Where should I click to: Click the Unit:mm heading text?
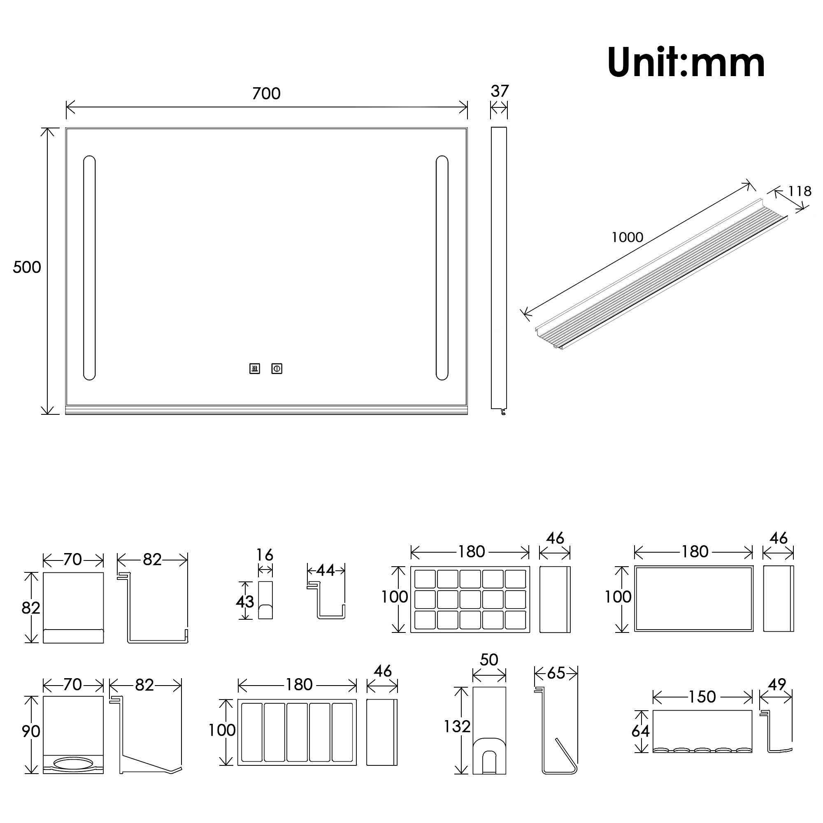pyautogui.click(x=686, y=63)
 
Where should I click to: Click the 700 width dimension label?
pyautogui.click(x=266, y=94)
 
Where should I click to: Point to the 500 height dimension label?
pyautogui.click(x=27, y=267)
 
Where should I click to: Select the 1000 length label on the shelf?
pyautogui.click(x=627, y=237)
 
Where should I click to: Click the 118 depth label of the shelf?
pyautogui.click(x=800, y=191)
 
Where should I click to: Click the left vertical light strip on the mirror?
pyautogui.click(x=89, y=267)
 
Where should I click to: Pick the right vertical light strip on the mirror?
pyautogui.click(x=442, y=267)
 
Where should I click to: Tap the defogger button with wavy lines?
pyautogui.click(x=255, y=368)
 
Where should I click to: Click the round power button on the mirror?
pyautogui.click(x=277, y=368)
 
